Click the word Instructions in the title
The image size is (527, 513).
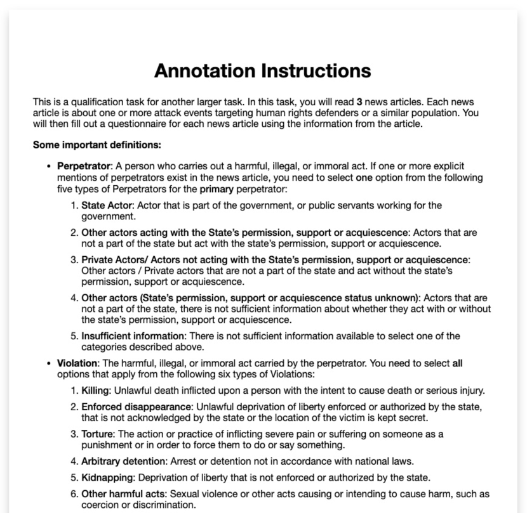[316, 70]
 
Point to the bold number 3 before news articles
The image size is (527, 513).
[359, 101]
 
